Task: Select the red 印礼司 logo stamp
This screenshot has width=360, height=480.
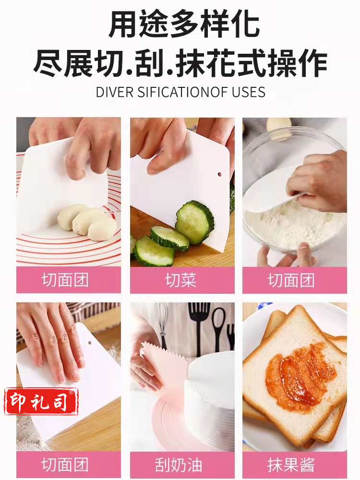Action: tap(41, 401)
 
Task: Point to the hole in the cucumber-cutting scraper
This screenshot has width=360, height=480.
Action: tap(219, 175)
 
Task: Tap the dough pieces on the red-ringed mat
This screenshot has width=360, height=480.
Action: tap(87, 221)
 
